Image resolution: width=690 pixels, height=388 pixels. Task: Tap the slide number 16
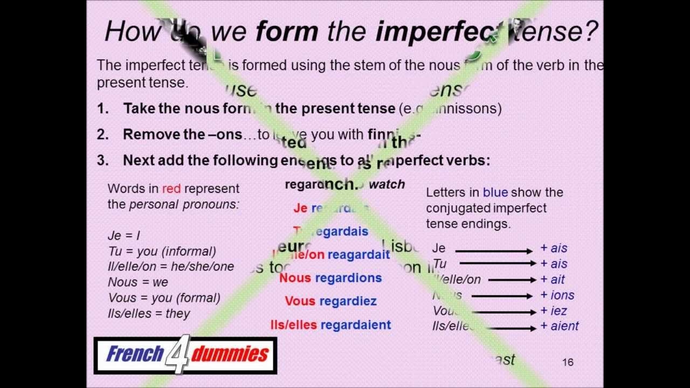coord(568,362)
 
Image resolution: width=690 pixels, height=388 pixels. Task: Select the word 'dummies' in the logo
coord(230,354)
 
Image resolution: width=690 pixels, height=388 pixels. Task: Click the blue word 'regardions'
coord(348,278)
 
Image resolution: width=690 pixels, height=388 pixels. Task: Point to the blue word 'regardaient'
coord(356,325)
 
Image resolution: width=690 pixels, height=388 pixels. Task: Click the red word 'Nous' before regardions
coord(295,278)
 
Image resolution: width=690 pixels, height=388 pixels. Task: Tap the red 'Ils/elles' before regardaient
coord(293,325)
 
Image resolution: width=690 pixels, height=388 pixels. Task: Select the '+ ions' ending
coord(557,295)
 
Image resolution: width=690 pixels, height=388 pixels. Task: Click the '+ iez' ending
coord(554,311)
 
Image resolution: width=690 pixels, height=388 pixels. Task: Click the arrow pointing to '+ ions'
coord(501,296)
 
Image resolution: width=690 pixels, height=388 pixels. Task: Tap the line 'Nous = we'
coord(138,282)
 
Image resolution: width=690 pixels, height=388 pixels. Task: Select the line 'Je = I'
coord(124,235)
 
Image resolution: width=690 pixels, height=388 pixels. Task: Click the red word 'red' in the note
coord(171,189)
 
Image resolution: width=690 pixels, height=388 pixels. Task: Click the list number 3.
coord(102,160)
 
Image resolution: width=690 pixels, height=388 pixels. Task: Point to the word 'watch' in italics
coord(387,184)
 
